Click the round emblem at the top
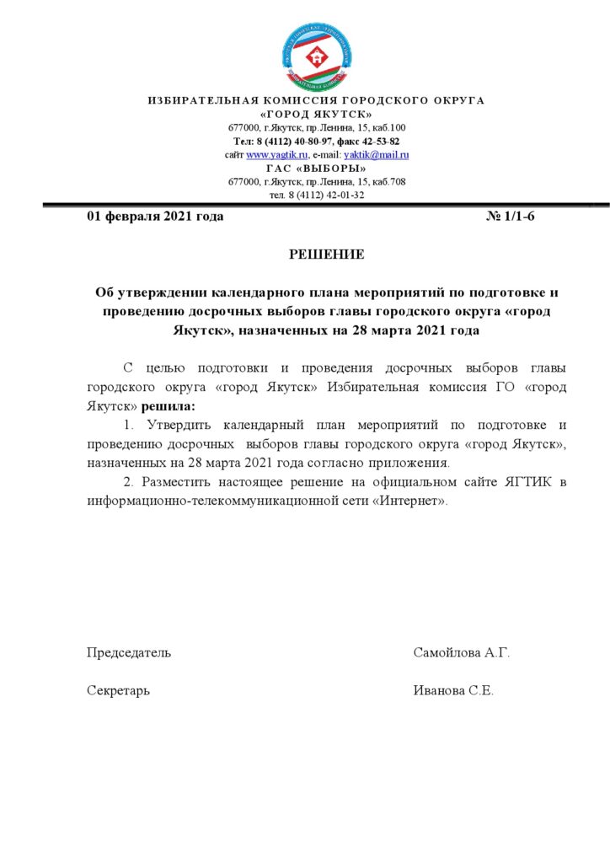click(317, 57)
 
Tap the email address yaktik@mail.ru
click(377, 154)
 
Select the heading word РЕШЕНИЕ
click(327, 255)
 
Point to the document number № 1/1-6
click(511, 217)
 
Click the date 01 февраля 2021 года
click(155, 217)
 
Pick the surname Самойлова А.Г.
click(462, 653)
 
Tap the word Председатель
click(129, 653)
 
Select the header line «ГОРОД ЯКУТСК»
click(317, 114)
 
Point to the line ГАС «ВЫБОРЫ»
click(317, 168)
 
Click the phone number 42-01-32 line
click(317, 195)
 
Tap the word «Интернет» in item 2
click(412, 501)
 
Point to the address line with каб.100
click(317, 127)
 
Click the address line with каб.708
click(317, 181)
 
